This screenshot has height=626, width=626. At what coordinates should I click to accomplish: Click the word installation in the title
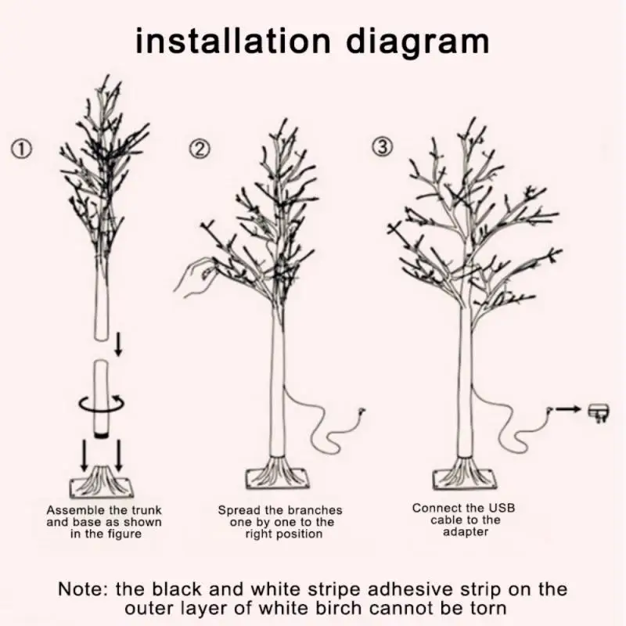pyautogui.click(x=233, y=41)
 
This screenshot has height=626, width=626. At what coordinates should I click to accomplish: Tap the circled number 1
pyautogui.click(x=21, y=150)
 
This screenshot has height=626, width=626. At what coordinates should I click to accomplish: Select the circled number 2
pyautogui.click(x=200, y=149)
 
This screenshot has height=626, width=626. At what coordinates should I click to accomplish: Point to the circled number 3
pyautogui.click(x=382, y=147)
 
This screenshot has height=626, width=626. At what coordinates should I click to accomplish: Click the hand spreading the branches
pyautogui.click(x=196, y=276)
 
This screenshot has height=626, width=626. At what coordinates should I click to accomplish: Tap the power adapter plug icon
pyautogui.click(x=599, y=412)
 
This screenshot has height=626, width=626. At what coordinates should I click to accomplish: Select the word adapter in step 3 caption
pyautogui.click(x=466, y=532)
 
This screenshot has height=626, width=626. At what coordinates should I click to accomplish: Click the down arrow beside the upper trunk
pyautogui.click(x=118, y=344)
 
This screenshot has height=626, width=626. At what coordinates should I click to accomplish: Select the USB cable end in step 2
pyautogui.click(x=362, y=412)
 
